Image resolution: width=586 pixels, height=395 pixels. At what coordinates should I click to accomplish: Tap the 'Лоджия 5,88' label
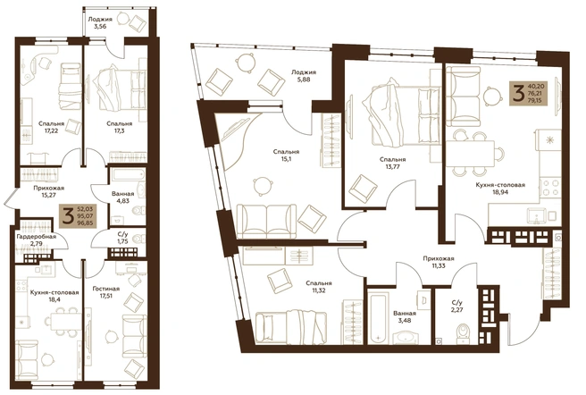coord(305,76)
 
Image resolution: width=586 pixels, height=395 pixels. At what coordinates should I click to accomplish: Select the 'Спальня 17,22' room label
coord(52,127)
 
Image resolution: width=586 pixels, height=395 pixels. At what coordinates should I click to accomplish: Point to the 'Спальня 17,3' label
coord(119,127)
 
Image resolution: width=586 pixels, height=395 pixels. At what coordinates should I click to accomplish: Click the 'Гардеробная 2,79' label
coord(37,240)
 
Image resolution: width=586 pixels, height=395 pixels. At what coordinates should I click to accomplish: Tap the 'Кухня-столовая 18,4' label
coord(54,296)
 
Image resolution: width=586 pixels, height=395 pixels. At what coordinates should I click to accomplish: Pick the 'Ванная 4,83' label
coord(122,197)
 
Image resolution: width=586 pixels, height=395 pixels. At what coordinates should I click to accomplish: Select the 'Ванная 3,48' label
coord(405,316)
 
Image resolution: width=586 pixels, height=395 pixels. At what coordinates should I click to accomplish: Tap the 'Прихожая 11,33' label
coord(439,262)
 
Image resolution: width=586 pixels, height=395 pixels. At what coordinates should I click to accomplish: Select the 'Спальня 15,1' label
coord(286,155)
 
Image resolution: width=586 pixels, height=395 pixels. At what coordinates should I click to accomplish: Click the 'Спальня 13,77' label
coord(393,163)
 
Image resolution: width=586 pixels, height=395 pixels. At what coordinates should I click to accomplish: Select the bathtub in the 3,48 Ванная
coord(379,315)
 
